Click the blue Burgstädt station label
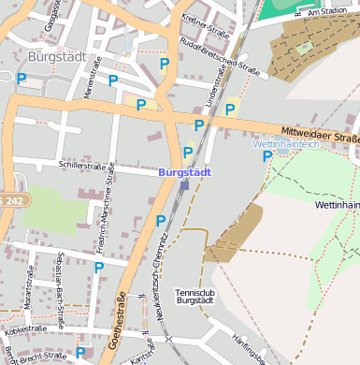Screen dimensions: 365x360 pyautogui.click(x=185, y=173)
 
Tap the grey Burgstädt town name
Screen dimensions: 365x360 pyautogui.click(x=57, y=57)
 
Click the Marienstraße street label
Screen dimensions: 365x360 pyautogui.click(x=90, y=101)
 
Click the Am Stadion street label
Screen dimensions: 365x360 pyautogui.click(x=326, y=11)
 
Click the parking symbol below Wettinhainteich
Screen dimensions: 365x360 pyautogui.click(x=267, y=156)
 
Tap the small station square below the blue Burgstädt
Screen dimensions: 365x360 pyautogui.click(x=184, y=185)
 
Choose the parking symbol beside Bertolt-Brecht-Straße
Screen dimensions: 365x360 pyautogui.click(x=80, y=353)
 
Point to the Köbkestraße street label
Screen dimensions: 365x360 pyautogui.click(x=25, y=329)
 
